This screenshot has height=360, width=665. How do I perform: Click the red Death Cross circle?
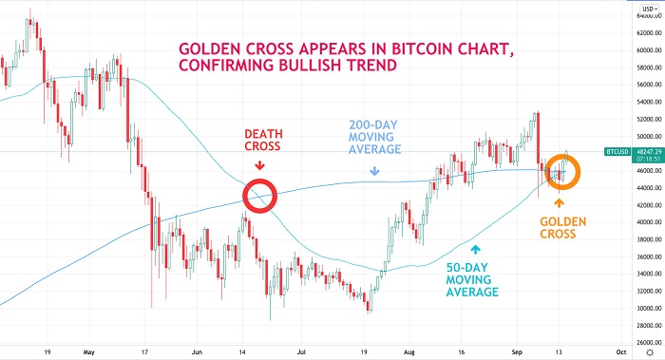coord(258,196)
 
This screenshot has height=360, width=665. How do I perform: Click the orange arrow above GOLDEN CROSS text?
coord(560,203)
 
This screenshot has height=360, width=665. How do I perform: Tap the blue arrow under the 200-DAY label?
coord(375,172)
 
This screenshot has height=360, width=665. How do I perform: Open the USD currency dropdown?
coord(648,7)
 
